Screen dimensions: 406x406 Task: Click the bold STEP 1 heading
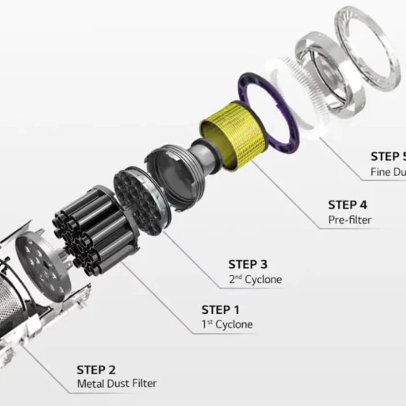pos(220,310)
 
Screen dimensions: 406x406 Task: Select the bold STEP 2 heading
pos(96,370)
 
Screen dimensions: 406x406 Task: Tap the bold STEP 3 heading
pos(248,264)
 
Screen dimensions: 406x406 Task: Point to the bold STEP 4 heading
pos(348,205)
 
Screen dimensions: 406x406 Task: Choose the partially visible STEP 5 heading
pos(388,157)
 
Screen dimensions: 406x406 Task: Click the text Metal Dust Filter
pos(117,383)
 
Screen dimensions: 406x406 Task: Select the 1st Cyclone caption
pos(227,324)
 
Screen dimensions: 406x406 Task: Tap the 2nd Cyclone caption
pos(255,279)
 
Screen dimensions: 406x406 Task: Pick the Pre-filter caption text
pos(350,220)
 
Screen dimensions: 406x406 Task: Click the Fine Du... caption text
pos(388,172)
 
